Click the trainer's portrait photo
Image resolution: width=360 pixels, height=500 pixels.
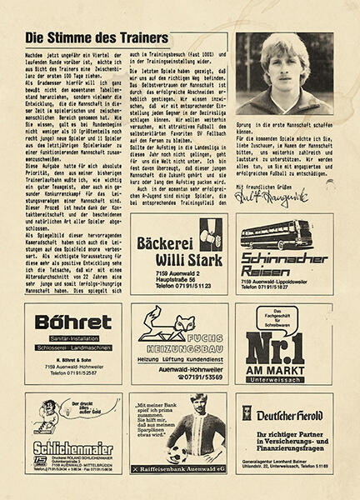tap(284, 73)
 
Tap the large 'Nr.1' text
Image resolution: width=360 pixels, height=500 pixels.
tap(284, 344)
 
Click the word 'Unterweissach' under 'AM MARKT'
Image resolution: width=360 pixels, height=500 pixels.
tap(284, 377)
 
